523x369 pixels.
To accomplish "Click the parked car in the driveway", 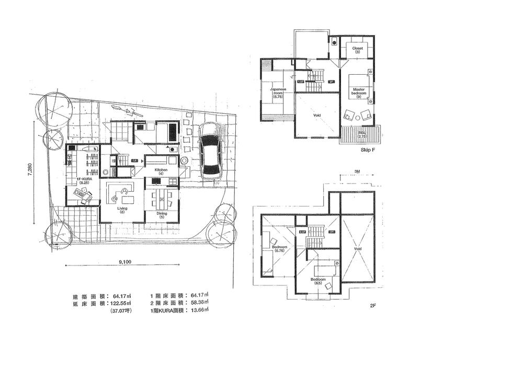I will (x=209, y=152).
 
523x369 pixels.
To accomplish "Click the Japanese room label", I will (x=277, y=93).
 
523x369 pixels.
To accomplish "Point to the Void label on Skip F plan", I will (x=317, y=115).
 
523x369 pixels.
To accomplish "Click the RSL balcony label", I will (x=361, y=134).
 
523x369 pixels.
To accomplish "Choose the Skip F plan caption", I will (x=368, y=150).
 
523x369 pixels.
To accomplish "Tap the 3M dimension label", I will (x=357, y=171).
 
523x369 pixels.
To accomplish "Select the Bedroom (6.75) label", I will (x=279, y=248).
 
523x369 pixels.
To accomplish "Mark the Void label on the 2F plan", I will (x=358, y=249).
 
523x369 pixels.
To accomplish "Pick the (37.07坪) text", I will (x=121, y=311).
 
